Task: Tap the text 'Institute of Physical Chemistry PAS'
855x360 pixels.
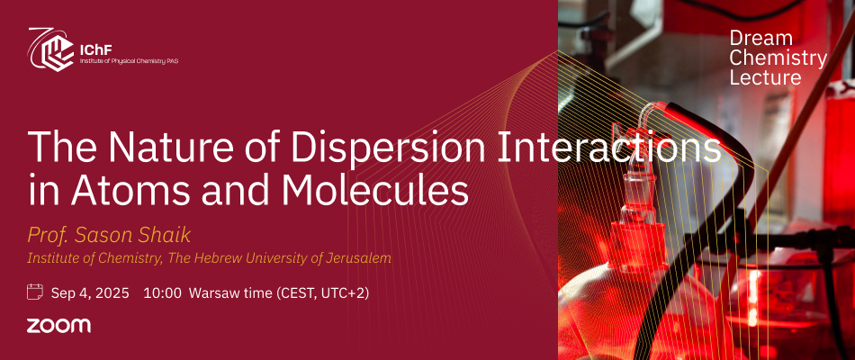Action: tap(129, 60)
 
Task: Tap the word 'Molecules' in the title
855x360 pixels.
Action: tap(375, 191)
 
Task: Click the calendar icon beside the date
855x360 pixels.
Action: tap(35, 292)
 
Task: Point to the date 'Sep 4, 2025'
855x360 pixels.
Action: tap(90, 293)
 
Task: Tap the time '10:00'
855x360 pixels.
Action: tap(162, 293)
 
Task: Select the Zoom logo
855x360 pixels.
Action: tap(58, 326)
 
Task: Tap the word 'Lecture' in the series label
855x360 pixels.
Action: tap(766, 76)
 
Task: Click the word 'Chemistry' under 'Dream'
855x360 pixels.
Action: tap(778, 58)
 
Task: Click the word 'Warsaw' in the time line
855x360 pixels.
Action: tap(210, 293)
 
